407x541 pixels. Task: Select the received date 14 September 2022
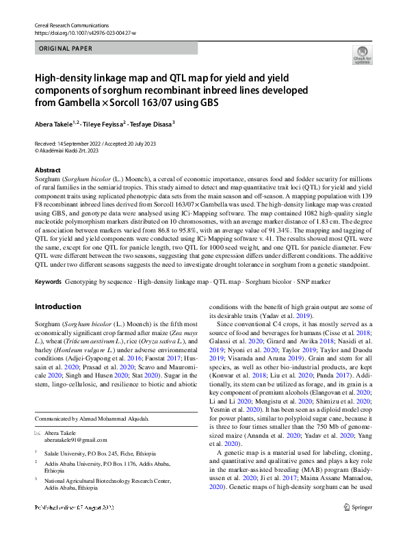coord(77,143)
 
